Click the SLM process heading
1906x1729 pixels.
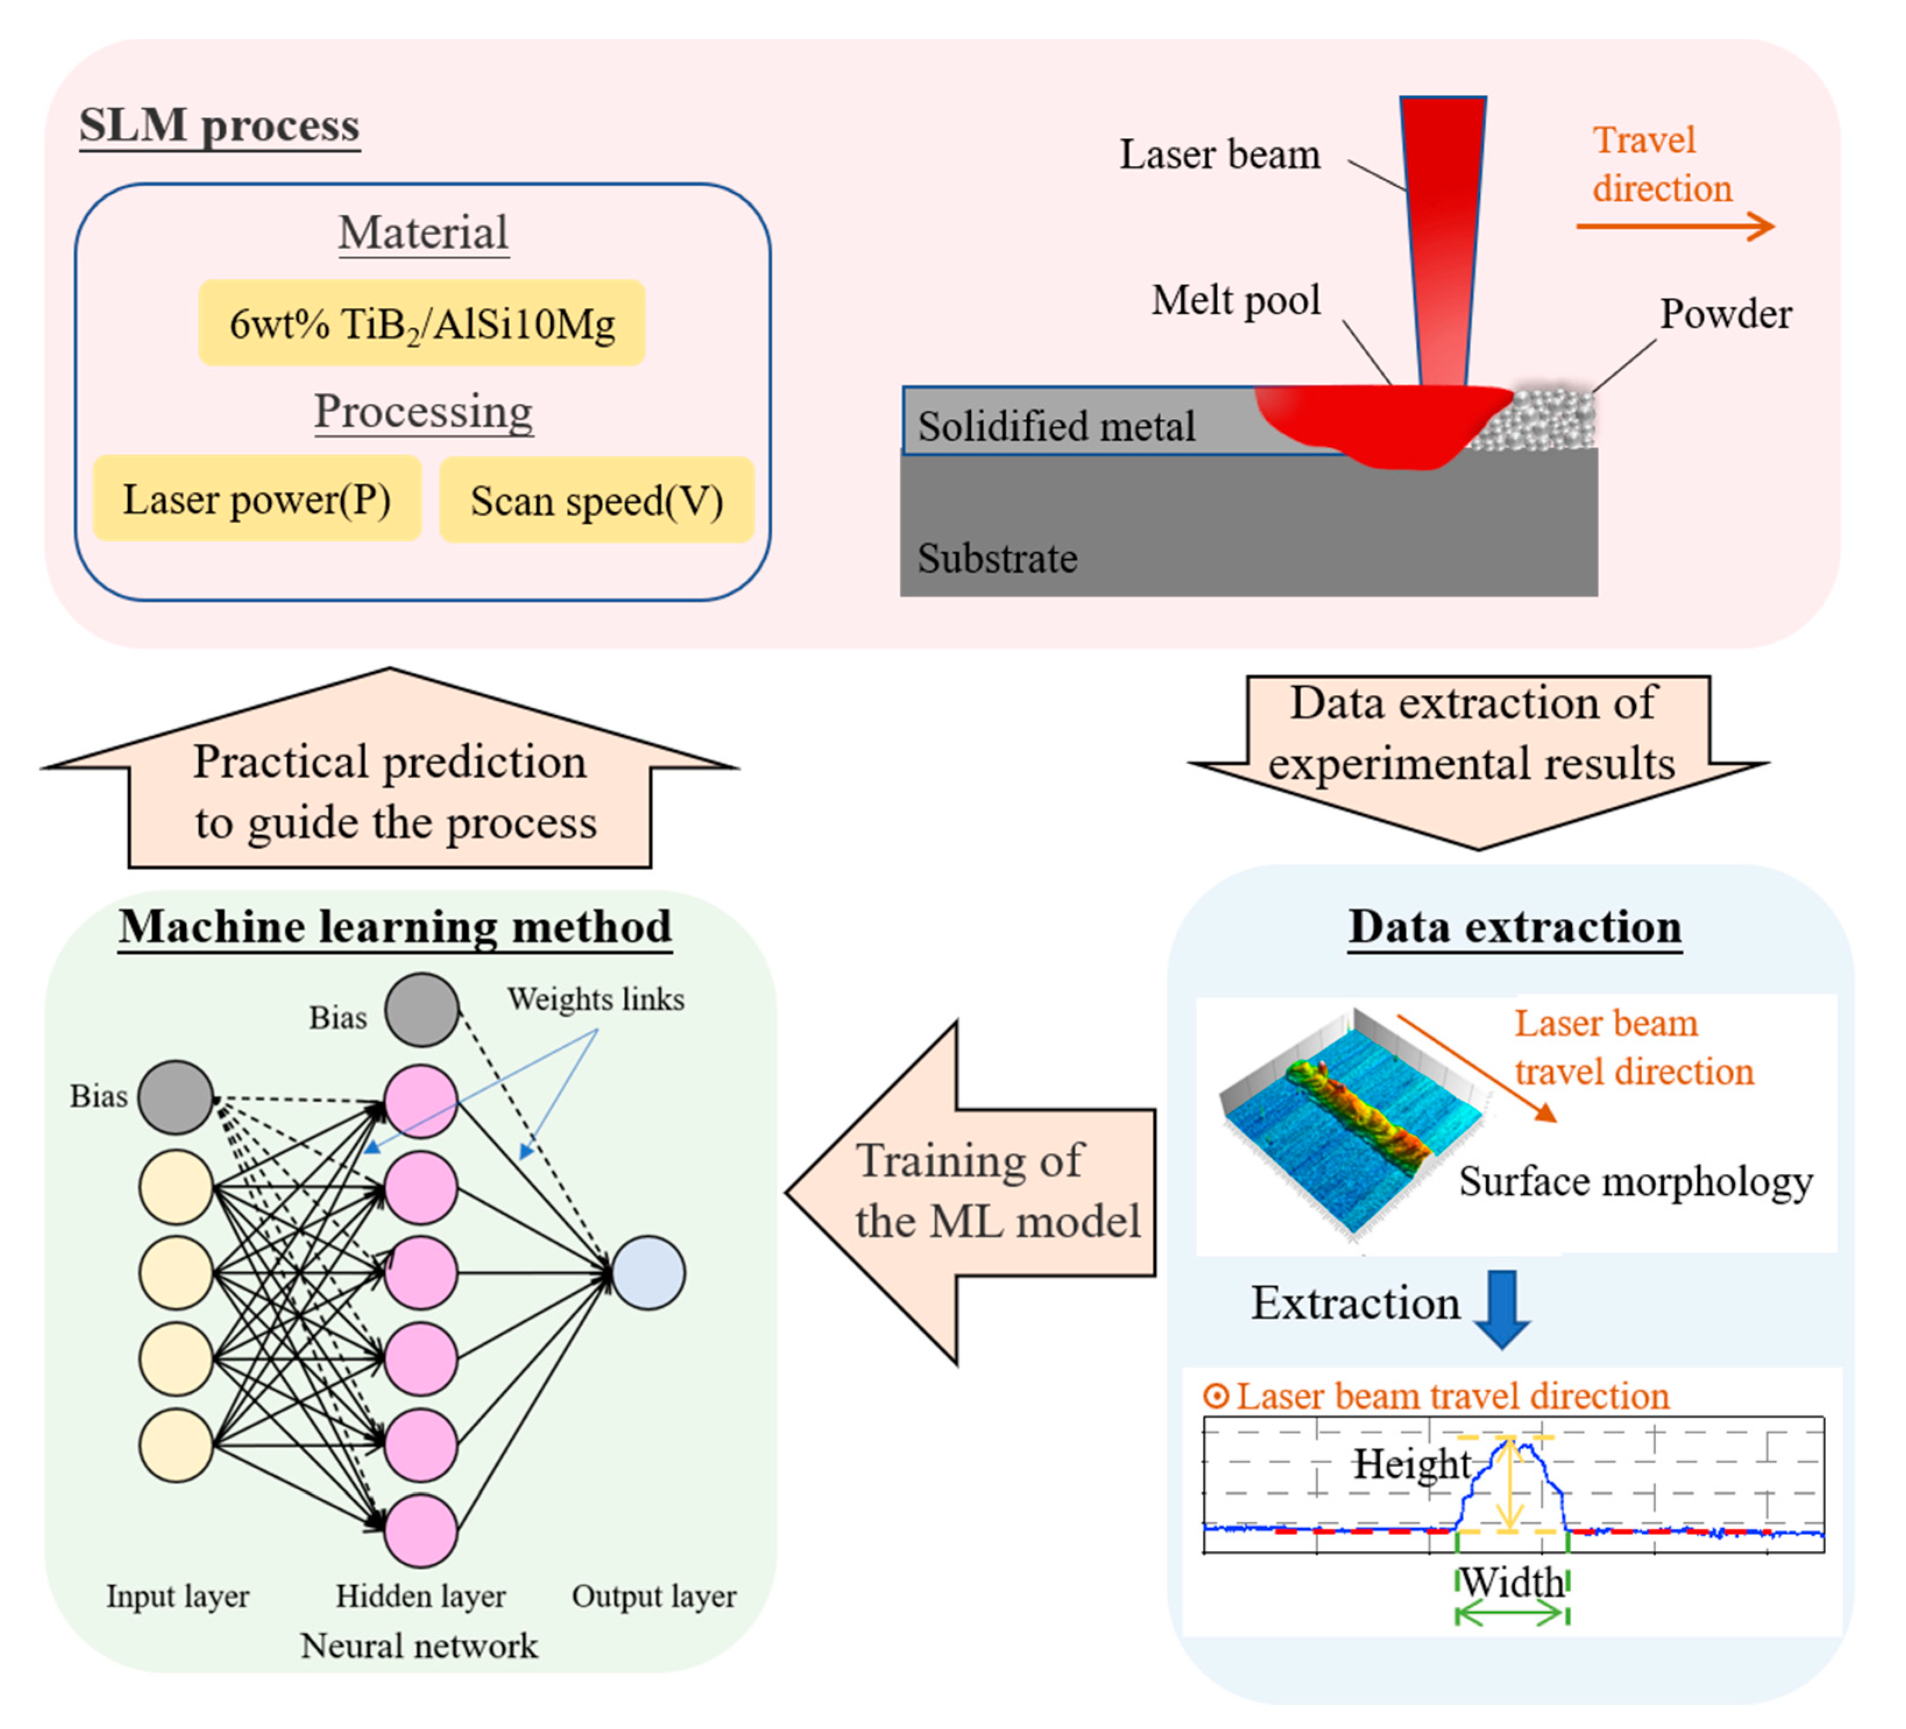point(220,126)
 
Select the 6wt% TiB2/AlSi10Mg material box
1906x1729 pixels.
point(422,323)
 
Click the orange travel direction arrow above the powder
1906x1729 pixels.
point(1674,226)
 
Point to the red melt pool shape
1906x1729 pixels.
point(1371,421)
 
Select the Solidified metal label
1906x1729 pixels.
point(1056,426)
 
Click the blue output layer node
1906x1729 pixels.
point(649,1273)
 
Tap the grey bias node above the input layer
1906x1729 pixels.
point(176,1096)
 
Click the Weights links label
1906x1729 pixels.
point(596,999)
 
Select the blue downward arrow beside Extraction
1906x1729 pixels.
point(1502,1308)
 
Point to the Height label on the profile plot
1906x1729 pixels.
point(1412,1464)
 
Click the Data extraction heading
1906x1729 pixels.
point(1515,927)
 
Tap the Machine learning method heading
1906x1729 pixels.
point(395,927)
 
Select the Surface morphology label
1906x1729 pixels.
point(1636,1181)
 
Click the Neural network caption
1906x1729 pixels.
point(419,1646)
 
